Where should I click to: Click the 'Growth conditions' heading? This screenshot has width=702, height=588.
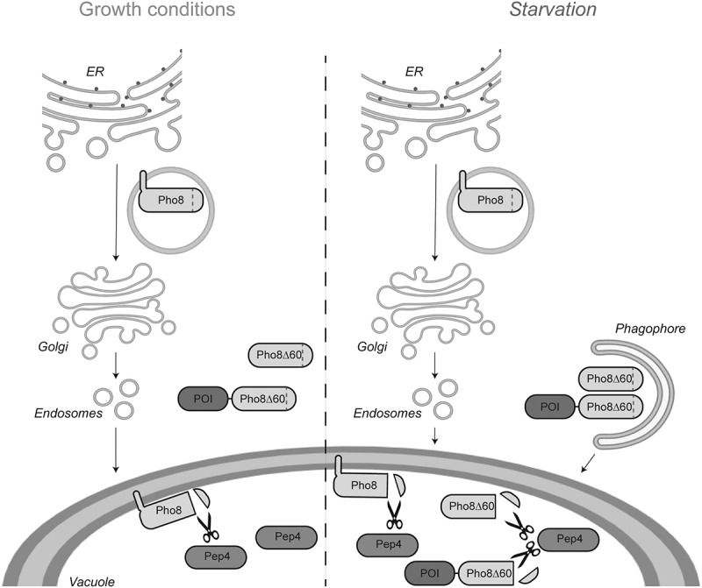(156, 11)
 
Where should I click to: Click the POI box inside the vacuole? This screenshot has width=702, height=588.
(430, 573)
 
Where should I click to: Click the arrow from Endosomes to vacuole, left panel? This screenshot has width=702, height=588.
(115, 447)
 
